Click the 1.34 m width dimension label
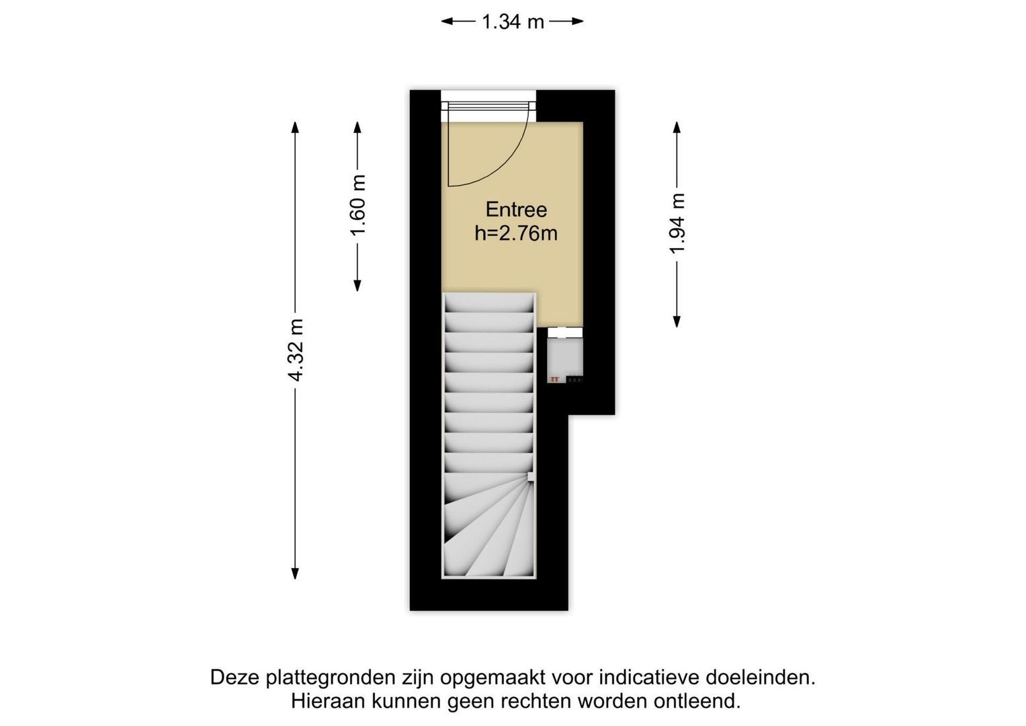(513, 22)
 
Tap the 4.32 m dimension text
(296, 350)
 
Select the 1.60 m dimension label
(357, 205)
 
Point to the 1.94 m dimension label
(677, 223)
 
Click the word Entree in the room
(516, 210)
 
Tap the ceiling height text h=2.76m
(516, 234)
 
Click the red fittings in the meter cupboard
(555, 379)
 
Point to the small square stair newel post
(531, 477)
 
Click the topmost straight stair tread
(489, 303)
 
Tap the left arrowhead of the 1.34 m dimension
(447, 21)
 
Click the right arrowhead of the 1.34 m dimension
(578, 21)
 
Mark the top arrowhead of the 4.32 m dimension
(296, 128)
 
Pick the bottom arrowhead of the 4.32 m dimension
(296, 573)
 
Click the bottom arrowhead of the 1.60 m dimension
(357, 286)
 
